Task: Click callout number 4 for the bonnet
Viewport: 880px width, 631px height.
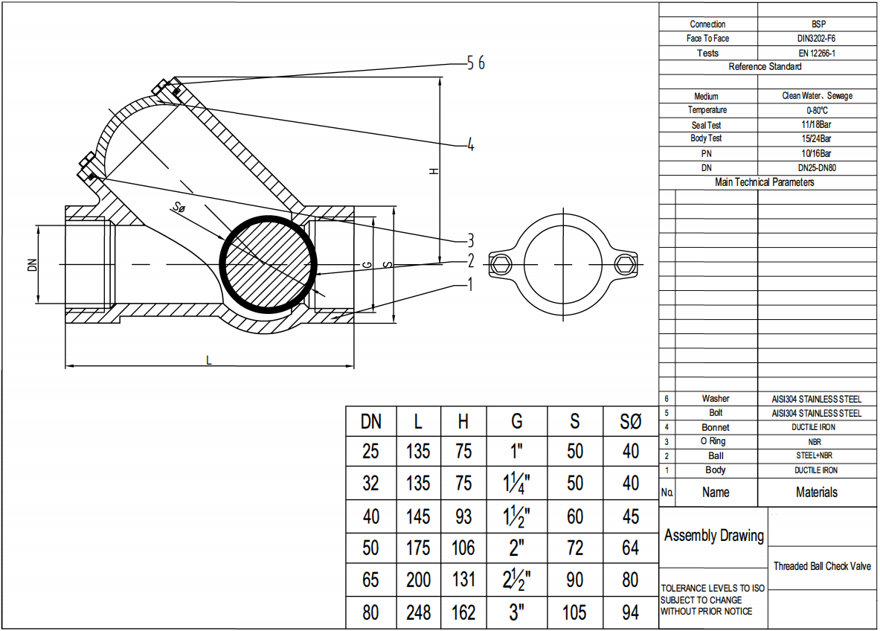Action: click(470, 145)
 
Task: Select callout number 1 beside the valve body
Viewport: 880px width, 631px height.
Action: click(469, 284)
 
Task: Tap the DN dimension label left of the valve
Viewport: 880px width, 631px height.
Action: click(32, 263)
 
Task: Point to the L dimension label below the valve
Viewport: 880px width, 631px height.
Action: click(209, 359)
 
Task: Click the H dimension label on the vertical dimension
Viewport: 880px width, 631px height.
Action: click(434, 171)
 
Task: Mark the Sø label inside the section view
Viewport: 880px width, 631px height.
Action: click(179, 209)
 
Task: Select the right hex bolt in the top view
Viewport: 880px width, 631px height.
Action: click(625, 263)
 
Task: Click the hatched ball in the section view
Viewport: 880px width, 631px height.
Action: click(269, 263)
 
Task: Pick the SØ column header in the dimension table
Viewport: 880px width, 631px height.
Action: click(630, 422)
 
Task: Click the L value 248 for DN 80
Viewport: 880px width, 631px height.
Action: click(418, 612)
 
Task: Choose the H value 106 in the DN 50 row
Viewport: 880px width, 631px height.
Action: click(463, 548)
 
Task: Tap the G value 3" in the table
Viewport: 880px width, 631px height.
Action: click(517, 612)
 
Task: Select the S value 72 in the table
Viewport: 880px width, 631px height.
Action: click(574, 548)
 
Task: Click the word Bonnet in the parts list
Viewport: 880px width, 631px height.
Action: click(715, 427)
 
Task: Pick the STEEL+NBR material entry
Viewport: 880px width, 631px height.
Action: click(816, 455)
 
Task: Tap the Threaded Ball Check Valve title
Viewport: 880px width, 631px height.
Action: click(822, 566)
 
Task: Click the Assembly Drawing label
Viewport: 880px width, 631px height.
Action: click(713, 536)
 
